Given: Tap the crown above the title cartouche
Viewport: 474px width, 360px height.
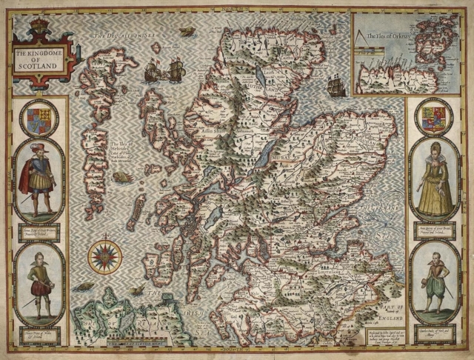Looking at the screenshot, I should click(38, 27).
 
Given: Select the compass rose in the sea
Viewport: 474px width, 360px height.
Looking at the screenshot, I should click(105, 256).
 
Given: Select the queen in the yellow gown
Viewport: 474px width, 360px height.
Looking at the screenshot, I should click(434, 181).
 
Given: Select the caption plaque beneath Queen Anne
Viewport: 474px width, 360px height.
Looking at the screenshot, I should click(434, 230).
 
